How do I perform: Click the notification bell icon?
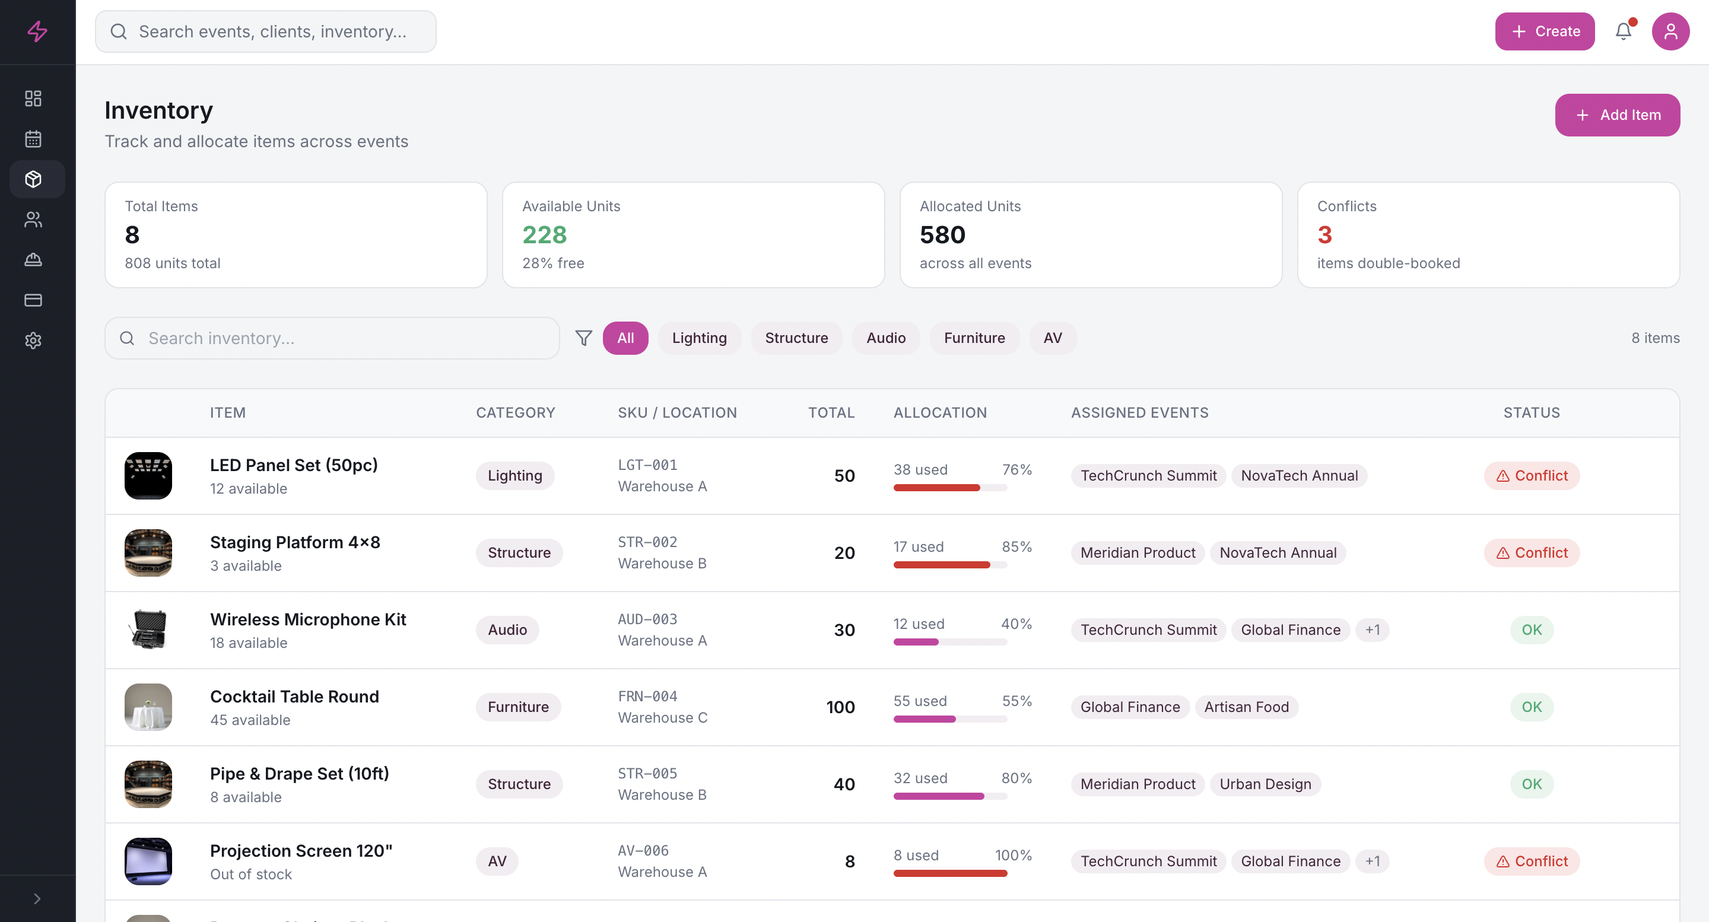[x=1623, y=31]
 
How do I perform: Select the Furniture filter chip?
[x=973, y=338]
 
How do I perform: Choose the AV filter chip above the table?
[x=1052, y=338]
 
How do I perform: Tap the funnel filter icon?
[x=583, y=338]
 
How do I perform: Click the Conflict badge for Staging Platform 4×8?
[x=1531, y=552]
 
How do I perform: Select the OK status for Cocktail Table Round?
[x=1531, y=707]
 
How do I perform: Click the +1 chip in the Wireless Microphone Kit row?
[x=1372, y=629]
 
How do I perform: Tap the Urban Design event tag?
[x=1265, y=783]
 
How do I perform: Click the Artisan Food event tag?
[x=1246, y=707]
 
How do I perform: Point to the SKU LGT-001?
[x=647, y=465]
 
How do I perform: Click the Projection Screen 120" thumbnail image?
[x=148, y=861]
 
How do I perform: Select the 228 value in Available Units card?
[x=544, y=235]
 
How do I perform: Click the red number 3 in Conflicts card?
[x=1324, y=235]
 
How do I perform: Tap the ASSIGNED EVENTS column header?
[x=1139, y=412]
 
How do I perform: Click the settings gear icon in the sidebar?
[x=33, y=341]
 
